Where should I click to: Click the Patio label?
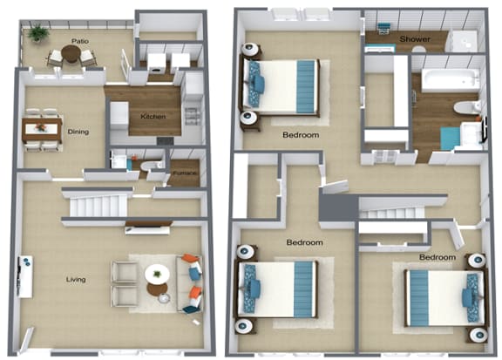point(80,41)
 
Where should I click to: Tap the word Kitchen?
point(153,117)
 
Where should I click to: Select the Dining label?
point(78,132)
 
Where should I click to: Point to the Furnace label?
point(185,173)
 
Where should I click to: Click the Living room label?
point(76,280)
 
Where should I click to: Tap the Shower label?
point(415,39)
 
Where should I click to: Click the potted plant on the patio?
point(38,33)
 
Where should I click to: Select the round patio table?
point(71,53)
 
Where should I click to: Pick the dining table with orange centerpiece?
point(42,130)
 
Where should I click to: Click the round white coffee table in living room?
point(157,275)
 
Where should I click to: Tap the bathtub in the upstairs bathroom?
point(450,80)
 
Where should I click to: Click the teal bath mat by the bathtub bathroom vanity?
point(451,138)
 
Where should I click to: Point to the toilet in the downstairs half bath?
point(152,166)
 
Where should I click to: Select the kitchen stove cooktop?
point(166,141)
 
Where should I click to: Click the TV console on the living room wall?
point(25,276)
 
